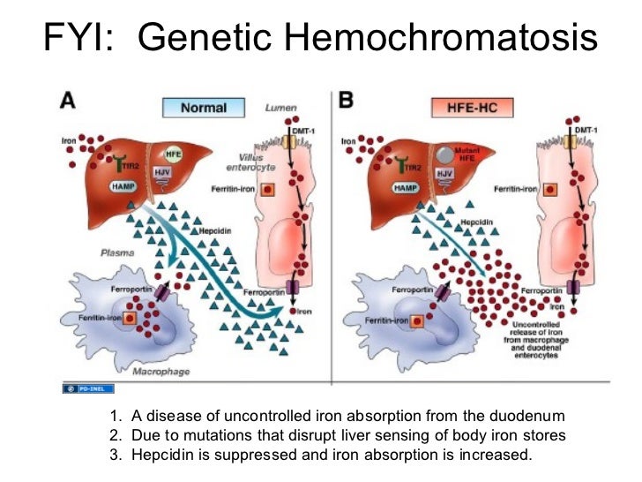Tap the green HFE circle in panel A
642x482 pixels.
(174, 152)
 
